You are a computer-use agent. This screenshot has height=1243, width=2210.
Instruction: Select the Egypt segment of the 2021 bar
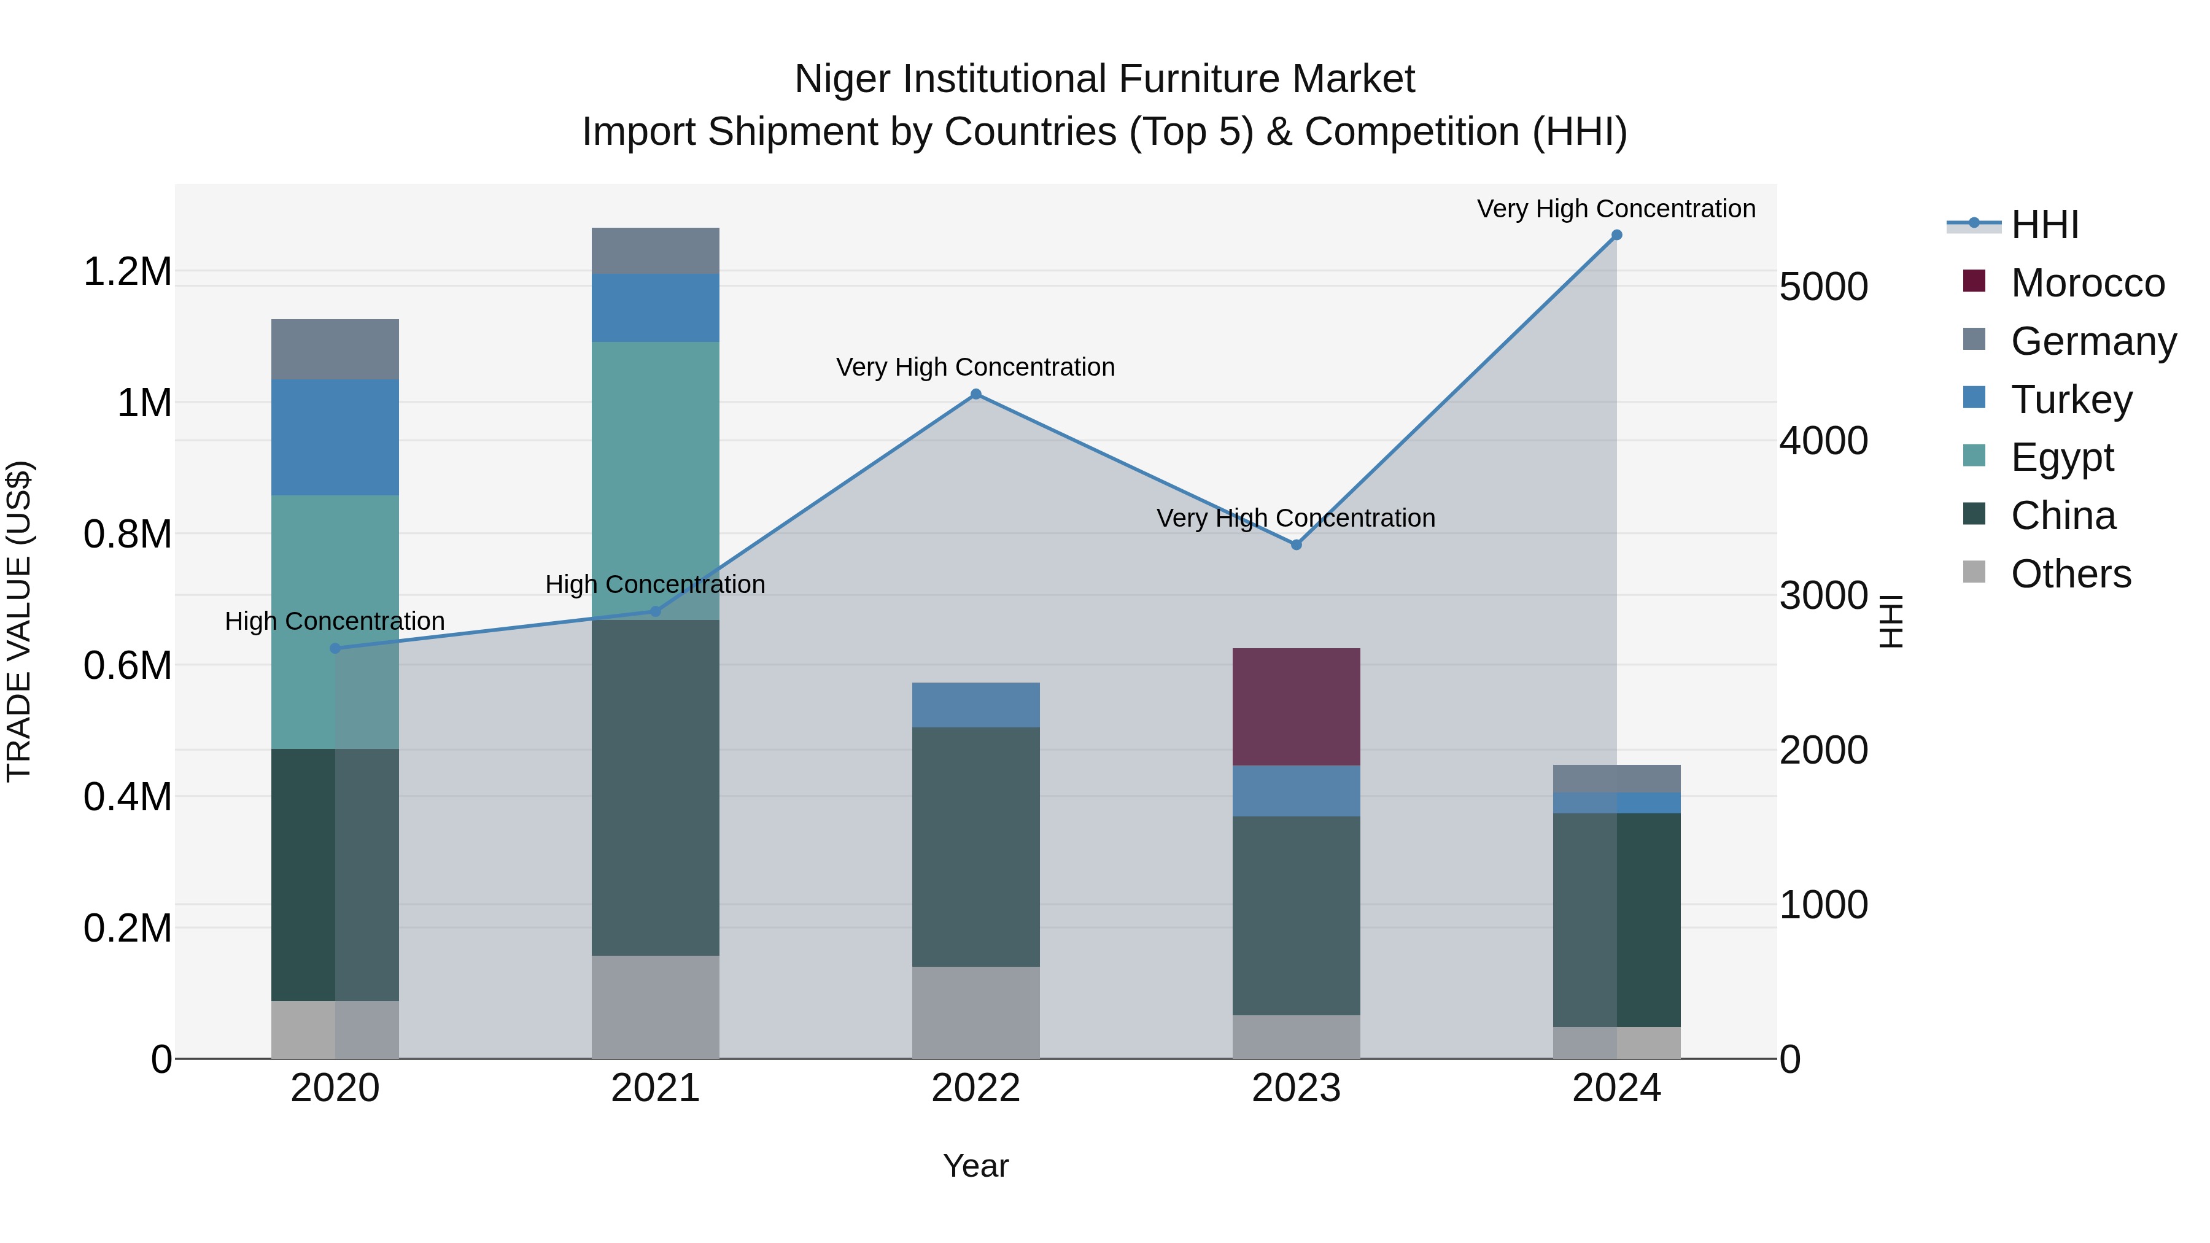click(656, 481)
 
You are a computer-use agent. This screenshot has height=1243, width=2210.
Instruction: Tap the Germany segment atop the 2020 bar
click(335, 349)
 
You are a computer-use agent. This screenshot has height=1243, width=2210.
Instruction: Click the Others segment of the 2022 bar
click(975, 1012)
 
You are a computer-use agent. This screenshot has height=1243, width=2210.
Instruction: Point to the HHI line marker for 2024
click(1616, 235)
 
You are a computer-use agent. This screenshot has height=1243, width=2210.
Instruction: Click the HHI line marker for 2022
click(975, 395)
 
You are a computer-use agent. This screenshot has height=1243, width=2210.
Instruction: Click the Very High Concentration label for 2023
click(1295, 518)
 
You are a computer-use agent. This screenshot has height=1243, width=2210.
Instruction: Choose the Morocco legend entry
click(2087, 283)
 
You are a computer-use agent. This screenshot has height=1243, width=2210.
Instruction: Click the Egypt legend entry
click(2061, 457)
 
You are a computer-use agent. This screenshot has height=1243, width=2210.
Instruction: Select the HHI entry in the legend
click(2044, 225)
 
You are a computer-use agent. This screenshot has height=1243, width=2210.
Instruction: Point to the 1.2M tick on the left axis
click(127, 272)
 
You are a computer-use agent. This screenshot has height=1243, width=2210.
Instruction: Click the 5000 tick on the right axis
click(1823, 287)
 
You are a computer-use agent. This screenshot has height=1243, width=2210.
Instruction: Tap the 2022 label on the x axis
click(975, 1088)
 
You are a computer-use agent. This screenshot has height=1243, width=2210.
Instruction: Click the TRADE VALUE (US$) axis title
click(19, 621)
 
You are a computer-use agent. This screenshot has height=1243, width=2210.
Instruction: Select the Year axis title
click(975, 1166)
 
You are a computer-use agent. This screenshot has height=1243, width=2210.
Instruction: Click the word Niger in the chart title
click(842, 79)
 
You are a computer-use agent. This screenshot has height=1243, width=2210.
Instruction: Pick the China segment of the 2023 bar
click(1295, 915)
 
